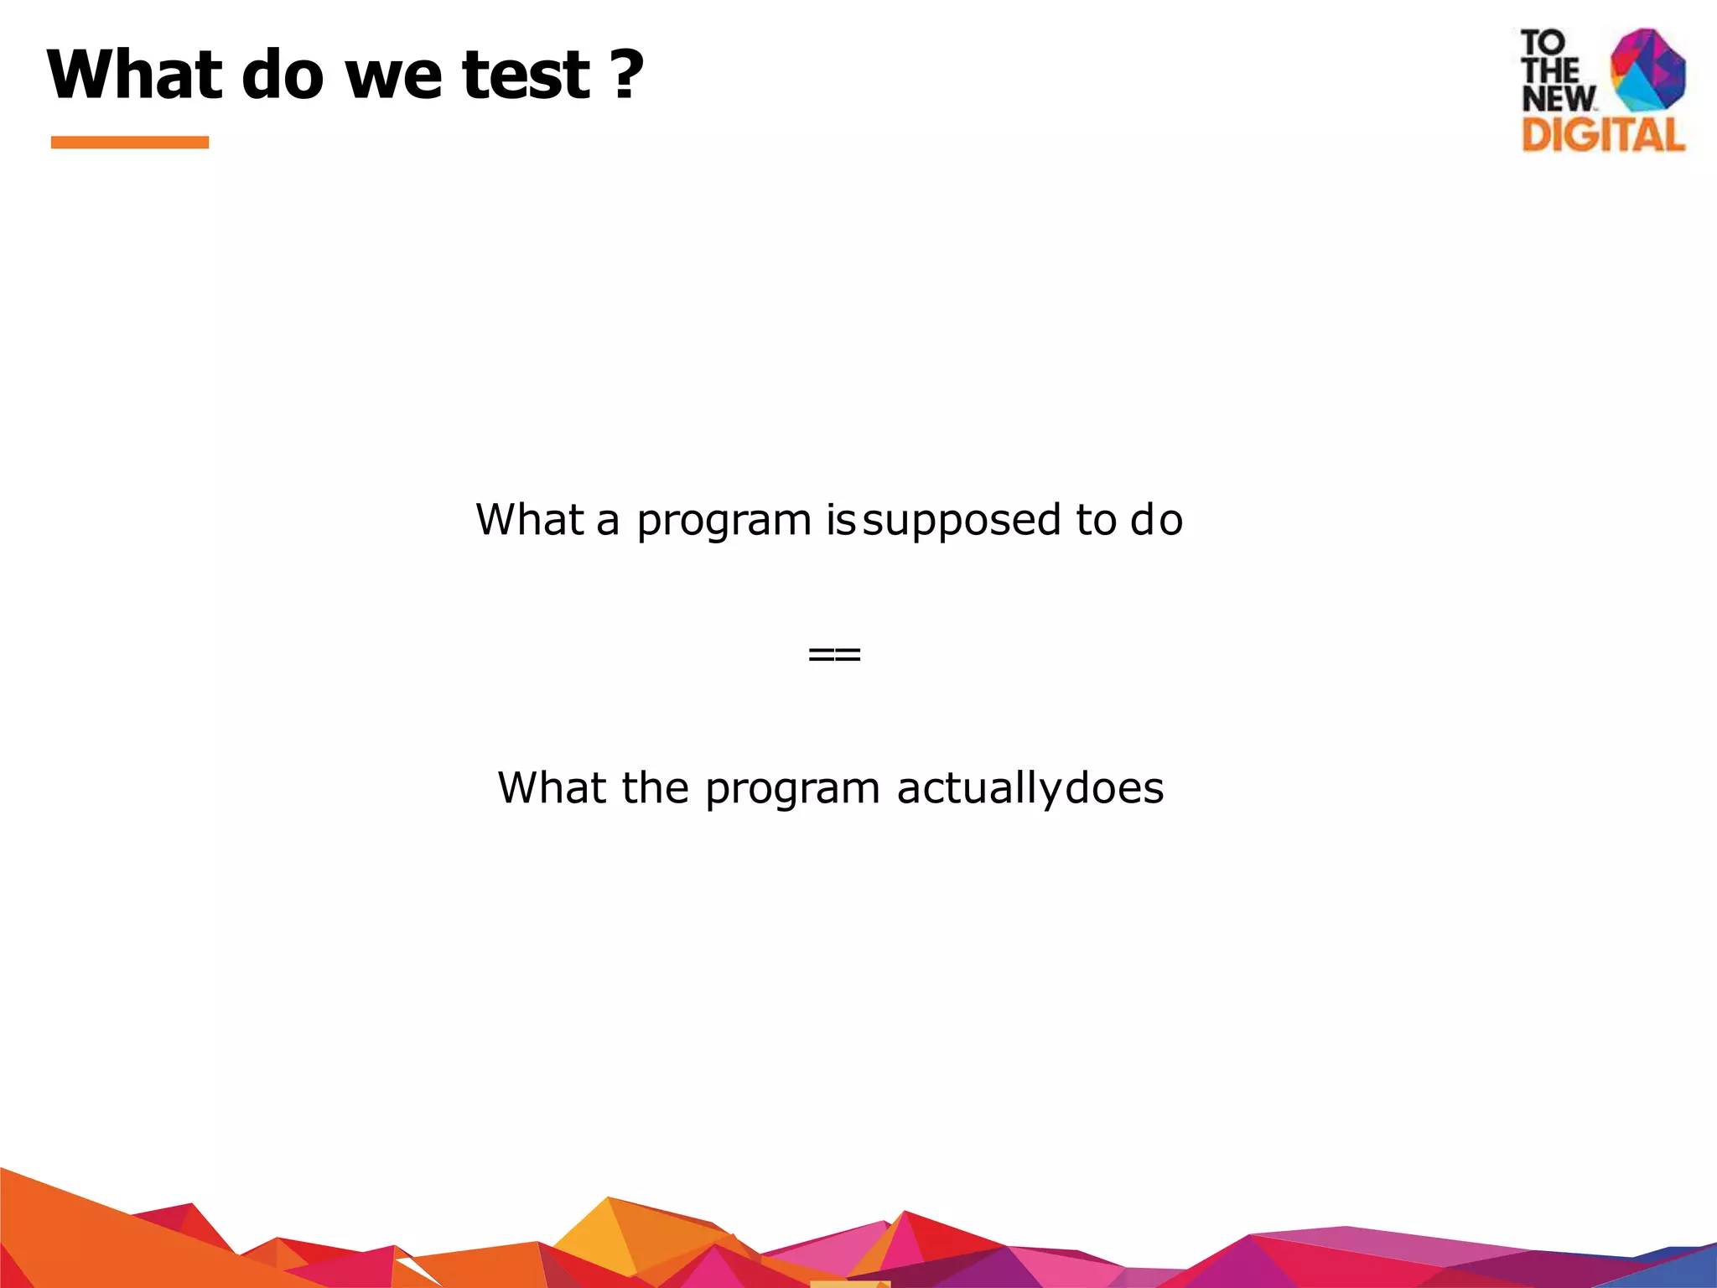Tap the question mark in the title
click(x=626, y=75)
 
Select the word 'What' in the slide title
click(x=134, y=75)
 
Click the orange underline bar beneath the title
click(x=129, y=143)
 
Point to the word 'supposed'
click(x=962, y=522)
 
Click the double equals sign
click(x=834, y=655)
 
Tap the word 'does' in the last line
click(x=1114, y=788)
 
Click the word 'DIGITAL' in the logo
click(x=1603, y=135)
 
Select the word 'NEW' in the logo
click(x=1559, y=99)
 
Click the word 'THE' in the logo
click(x=1550, y=70)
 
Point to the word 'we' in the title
click(x=393, y=75)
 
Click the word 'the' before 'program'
click(x=655, y=788)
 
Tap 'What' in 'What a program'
click(x=529, y=520)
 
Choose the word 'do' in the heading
click(x=283, y=75)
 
